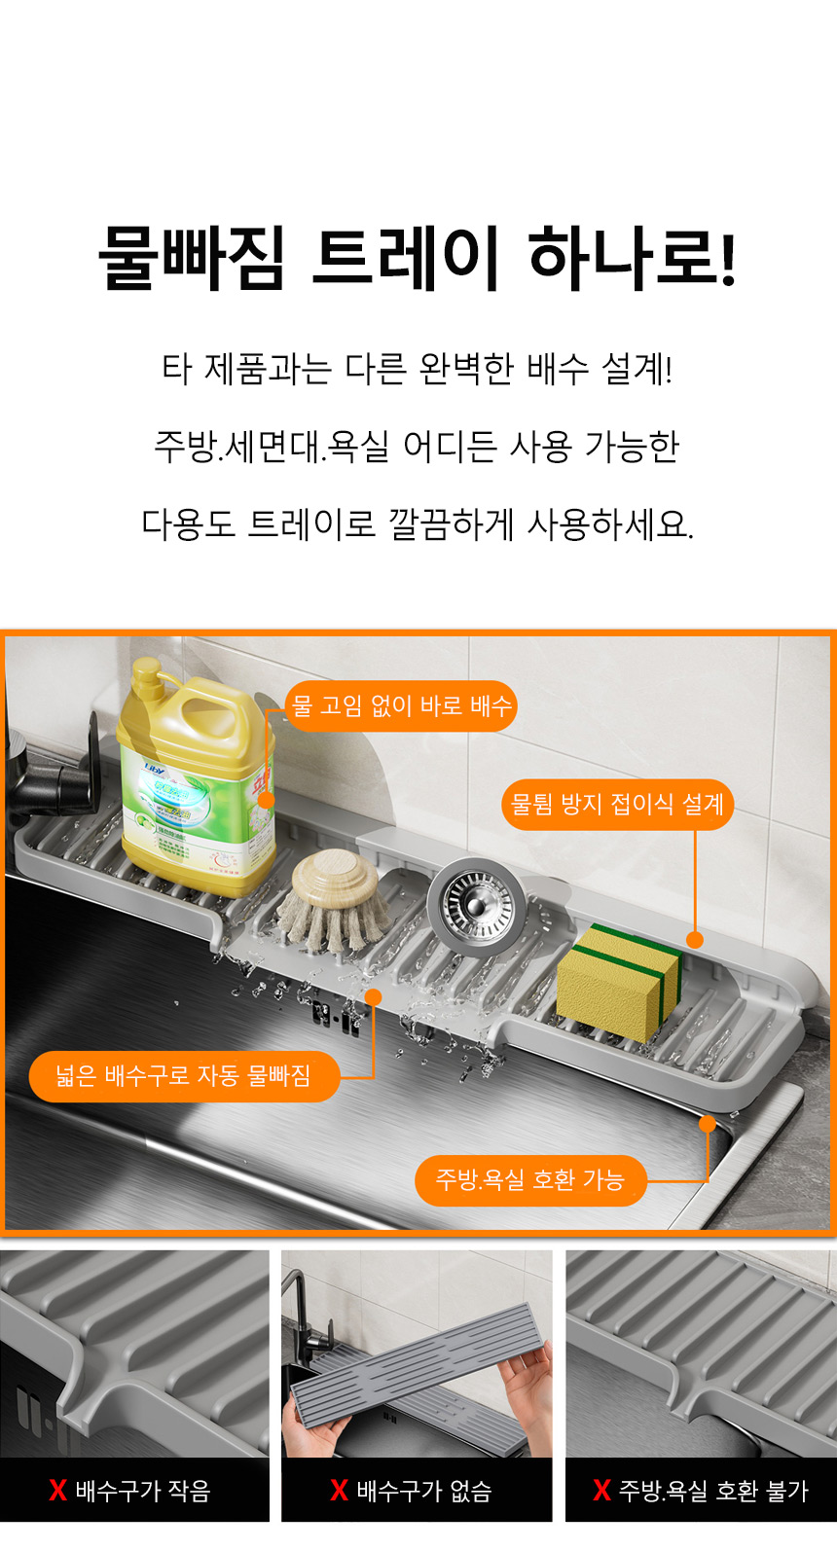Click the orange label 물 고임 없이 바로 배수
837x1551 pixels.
pyautogui.click(x=401, y=706)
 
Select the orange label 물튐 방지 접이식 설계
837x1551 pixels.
pyautogui.click(x=617, y=805)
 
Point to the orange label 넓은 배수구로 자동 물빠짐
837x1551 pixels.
pyautogui.click(x=184, y=1076)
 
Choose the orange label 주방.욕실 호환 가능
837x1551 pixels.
pyautogui.click(x=530, y=1180)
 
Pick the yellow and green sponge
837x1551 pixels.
pyautogui.click(x=620, y=980)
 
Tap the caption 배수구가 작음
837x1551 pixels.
pyautogui.click(x=143, y=1490)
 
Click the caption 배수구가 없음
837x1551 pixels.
pyautogui.click(x=423, y=1490)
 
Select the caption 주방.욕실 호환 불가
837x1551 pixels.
pyautogui.click(x=713, y=1490)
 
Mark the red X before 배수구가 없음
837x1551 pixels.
pyautogui.click(x=340, y=1490)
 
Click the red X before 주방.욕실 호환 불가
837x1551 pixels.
pyautogui.click(x=601, y=1490)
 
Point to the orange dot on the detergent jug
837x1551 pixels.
pyautogui.click(x=266, y=801)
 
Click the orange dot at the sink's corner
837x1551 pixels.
pyautogui.click(x=707, y=1124)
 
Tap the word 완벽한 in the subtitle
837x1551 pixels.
pyautogui.click(x=466, y=369)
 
